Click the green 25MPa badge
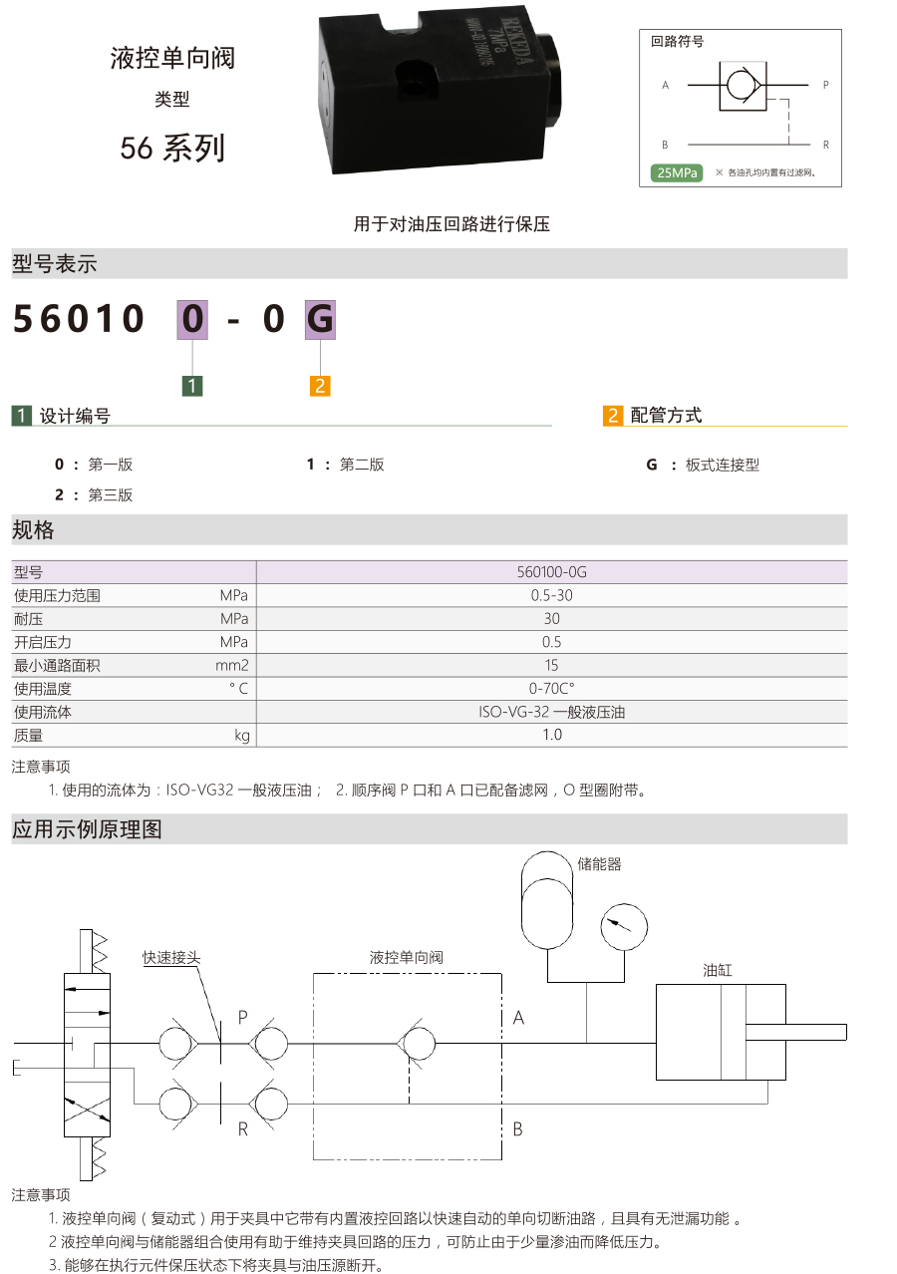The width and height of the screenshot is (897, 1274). (677, 172)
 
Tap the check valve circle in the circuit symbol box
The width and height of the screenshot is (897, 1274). (740, 86)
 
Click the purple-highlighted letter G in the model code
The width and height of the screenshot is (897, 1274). (320, 319)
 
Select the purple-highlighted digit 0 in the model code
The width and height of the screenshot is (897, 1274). (192, 319)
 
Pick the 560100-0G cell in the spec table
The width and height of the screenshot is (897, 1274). (551, 571)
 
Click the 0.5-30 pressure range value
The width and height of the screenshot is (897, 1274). (551, 595)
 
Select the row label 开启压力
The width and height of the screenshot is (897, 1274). (43, 642)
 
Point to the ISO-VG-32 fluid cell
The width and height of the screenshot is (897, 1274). (551, 712)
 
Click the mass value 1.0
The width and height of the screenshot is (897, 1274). (551, 735)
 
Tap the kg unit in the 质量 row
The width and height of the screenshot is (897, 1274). (242, 736)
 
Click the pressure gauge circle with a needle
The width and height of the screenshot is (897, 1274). (623, 926)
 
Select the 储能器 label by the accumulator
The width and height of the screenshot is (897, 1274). (599, 864)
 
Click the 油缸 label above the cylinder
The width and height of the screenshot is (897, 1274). (717, 970)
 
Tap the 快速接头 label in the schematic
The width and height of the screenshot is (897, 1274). (171, 957)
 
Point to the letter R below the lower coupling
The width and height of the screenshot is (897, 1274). (243, 1129)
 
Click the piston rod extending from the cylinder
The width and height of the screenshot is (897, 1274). (795, 1032)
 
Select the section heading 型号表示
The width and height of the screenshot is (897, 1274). (55, 264)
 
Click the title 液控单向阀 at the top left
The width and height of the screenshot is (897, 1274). (172, 59)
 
